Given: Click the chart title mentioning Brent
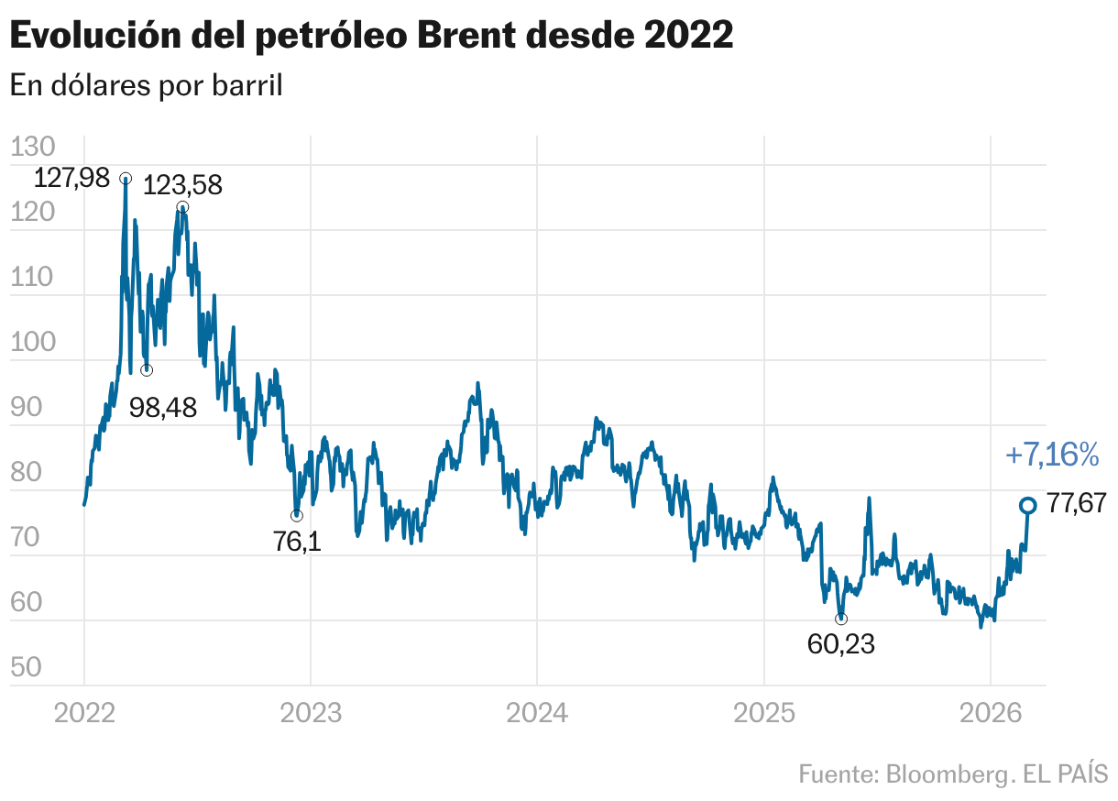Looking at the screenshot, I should click(371, 36).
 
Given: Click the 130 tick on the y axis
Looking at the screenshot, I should click(33, 148).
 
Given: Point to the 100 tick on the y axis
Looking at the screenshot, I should click(33, 343).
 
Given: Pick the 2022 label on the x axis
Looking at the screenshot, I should click(84, 713).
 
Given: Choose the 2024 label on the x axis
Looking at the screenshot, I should click(537, 713).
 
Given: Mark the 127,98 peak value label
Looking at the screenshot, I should click(71, 178).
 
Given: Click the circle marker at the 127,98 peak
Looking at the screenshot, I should click(126, 178).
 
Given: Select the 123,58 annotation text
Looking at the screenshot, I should click(183, 185).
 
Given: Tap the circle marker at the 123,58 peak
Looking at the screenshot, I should click(182, 207).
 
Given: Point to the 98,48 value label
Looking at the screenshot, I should click(163, 407).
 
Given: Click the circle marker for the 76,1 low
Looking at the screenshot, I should click(296, 516).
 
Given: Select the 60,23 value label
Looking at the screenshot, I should click(841, 644).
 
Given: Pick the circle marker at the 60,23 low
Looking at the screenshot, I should click(841, 619).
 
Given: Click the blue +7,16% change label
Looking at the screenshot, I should click(1051, 454).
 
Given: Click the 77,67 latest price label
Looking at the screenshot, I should click(1077, 504).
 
